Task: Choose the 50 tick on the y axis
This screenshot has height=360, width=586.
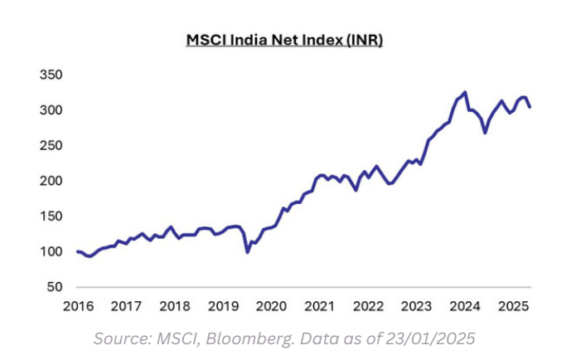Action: coord(54,287)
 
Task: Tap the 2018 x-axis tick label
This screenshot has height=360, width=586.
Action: coord(174,306)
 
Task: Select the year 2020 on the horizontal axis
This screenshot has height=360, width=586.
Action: coord(270,306)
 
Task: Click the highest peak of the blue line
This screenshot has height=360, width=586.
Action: coord(465,92)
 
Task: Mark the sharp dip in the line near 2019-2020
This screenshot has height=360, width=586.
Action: coord(248,252)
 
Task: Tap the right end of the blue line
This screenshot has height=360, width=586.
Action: coord(530,106)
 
